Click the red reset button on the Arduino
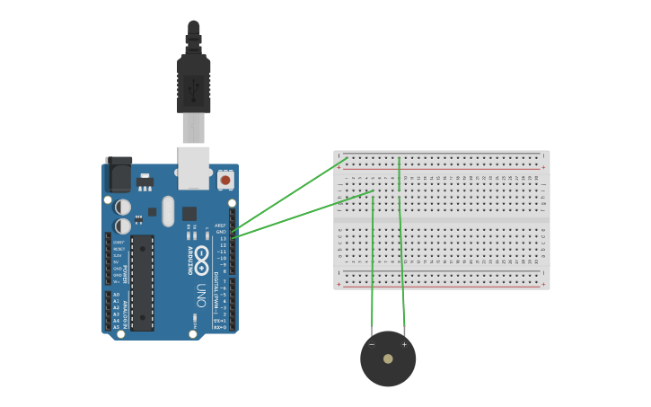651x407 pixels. pyautogui.click(x=225, y=180)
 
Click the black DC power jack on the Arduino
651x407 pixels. pyautogui.click(x=119, y=174)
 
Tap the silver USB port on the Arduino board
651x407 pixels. pyautogui.click(x=194, y=168)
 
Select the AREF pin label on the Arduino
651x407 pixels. pyautogui.click(x=221, y=226)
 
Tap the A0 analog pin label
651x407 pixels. pyautogui.click(x=116, y=295)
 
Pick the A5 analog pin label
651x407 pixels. pyautogui.click(x=116, y=326)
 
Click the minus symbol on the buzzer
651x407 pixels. pyautogui.click(x=372, y=344)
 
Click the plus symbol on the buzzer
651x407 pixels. pyautogui.click(x=404, y=344)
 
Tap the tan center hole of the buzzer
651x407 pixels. pyautogui.click(x=388, y=358)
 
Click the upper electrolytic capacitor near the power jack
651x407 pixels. pyautogui.click(x=123, y=207)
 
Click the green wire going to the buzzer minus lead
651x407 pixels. pyautogui.click(x=373, y=270)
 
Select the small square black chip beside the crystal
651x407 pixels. pyautogui.click(x=189, y=214)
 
